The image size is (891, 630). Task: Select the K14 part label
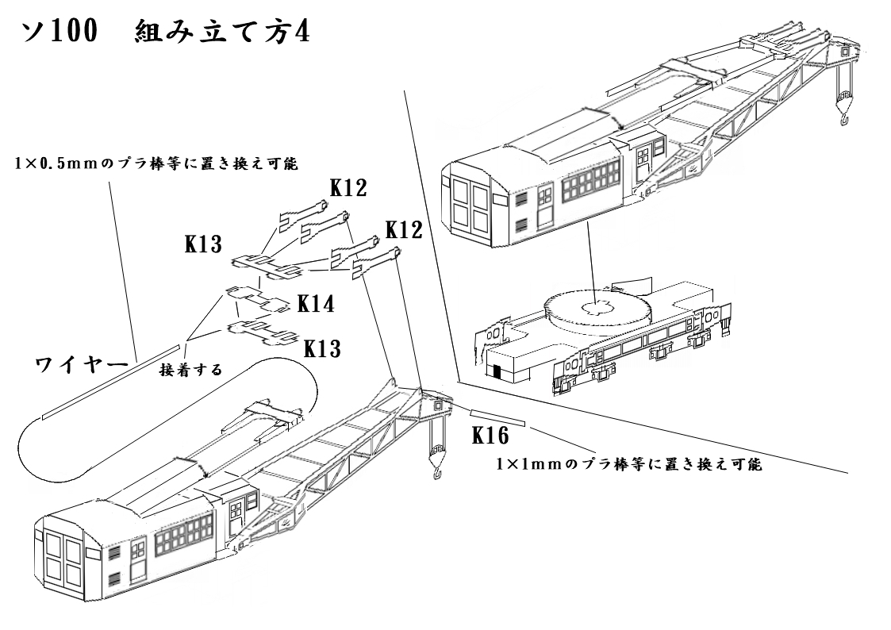(316, 303)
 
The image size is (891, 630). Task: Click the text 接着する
(190, 370)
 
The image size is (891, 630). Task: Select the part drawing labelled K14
(257, 299)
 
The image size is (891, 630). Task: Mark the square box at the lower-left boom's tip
(439, 404)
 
